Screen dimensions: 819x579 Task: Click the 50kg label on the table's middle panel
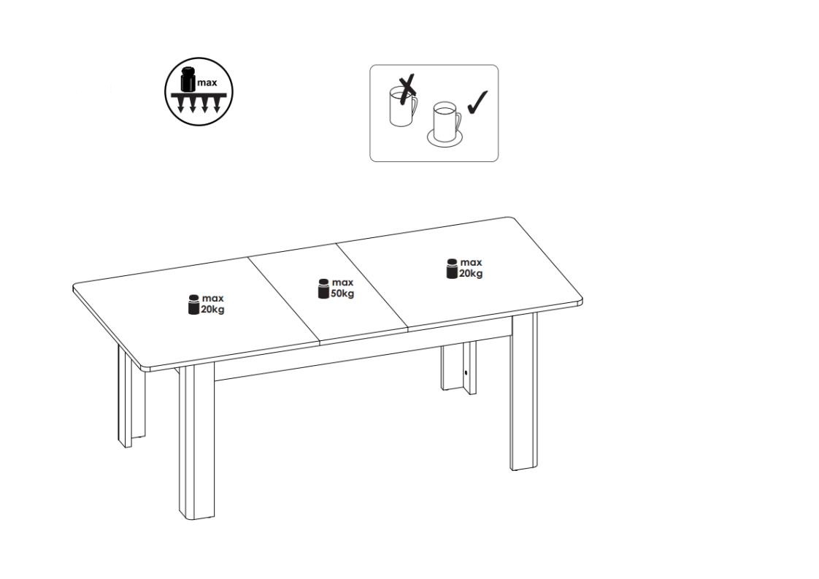tap(342, 294)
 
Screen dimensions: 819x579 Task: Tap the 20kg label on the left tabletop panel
tap(212, 310)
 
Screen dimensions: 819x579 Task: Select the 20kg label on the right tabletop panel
tap(471, 273)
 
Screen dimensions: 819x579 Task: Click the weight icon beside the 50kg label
tap(324, 289)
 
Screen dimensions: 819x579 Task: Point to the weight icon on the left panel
tap(193, 304)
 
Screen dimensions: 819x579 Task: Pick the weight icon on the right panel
tap(453, 269)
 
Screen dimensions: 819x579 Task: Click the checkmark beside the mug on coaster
tap(477, 102)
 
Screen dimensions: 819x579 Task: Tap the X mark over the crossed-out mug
tap(407, 90)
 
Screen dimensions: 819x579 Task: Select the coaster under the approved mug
tap(445, 138)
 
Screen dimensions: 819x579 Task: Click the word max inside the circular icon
tap(207, 83)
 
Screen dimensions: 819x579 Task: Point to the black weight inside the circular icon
tap(188, 80)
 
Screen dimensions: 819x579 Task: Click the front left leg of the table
tap(196, 440)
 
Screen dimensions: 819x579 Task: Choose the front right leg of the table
tap(524, 392)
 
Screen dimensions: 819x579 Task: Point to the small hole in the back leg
tap(466, 373)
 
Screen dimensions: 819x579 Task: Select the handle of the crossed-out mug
tap(414, 107)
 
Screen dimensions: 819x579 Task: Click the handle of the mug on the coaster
tap(458, 123)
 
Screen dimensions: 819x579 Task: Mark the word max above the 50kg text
tap(342, 283)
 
